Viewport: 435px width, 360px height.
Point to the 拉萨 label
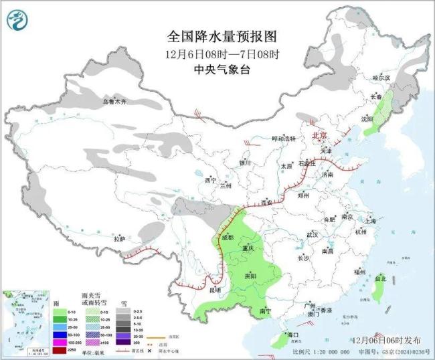[x=120, y=238]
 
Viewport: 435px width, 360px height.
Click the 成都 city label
[x=226, y=238]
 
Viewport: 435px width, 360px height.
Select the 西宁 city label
[x=211, y=180]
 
